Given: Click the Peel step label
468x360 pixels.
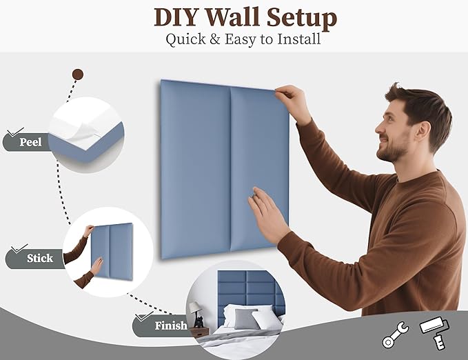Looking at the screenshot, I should pyautogui.click(x=30, y=143).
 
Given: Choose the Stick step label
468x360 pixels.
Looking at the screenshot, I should pyautogui.click(x=39, y=259).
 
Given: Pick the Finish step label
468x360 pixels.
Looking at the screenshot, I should pyautogui.click(x=170, y=326).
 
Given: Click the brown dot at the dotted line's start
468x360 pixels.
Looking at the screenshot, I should pyautogui.click(x=78, y=74).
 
